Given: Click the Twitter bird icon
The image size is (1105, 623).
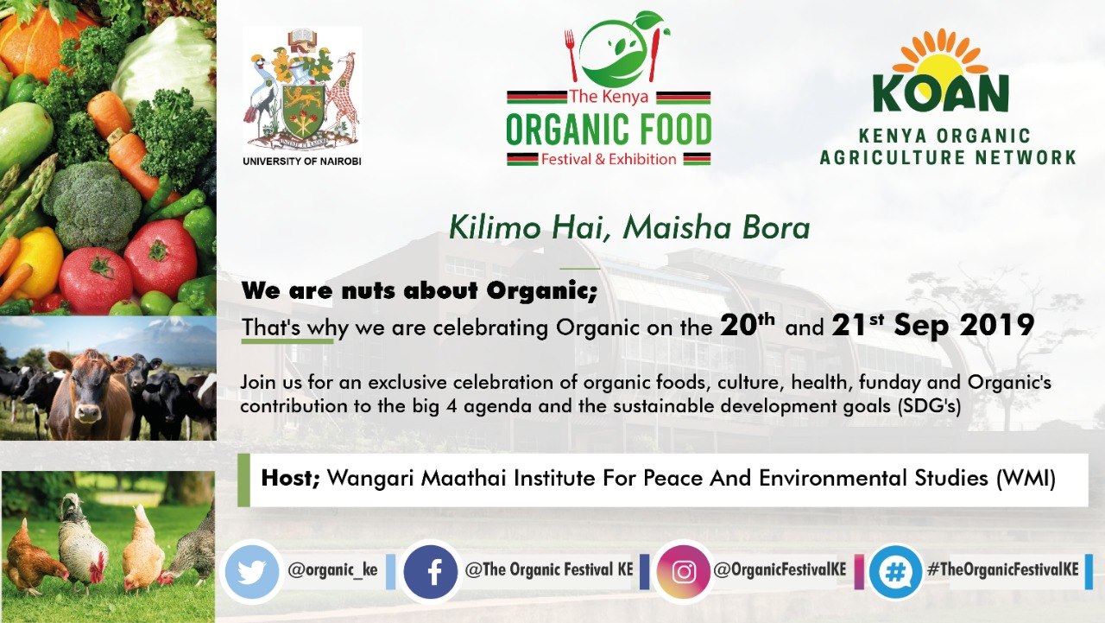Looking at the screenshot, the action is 251,572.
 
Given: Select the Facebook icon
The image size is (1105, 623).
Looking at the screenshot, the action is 431,572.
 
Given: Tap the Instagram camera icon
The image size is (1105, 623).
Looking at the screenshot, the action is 683,572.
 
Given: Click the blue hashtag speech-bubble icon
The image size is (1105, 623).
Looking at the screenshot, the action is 895,572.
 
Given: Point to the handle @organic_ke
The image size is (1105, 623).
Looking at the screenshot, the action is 332,570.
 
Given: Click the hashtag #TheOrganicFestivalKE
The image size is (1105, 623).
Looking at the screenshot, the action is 1003,569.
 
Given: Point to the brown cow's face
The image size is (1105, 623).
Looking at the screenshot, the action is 90,390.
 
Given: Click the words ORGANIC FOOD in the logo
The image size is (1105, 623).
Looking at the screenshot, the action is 609,130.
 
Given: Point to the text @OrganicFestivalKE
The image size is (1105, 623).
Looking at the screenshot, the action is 780,569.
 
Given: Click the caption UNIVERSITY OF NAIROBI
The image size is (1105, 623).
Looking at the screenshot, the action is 302,162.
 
